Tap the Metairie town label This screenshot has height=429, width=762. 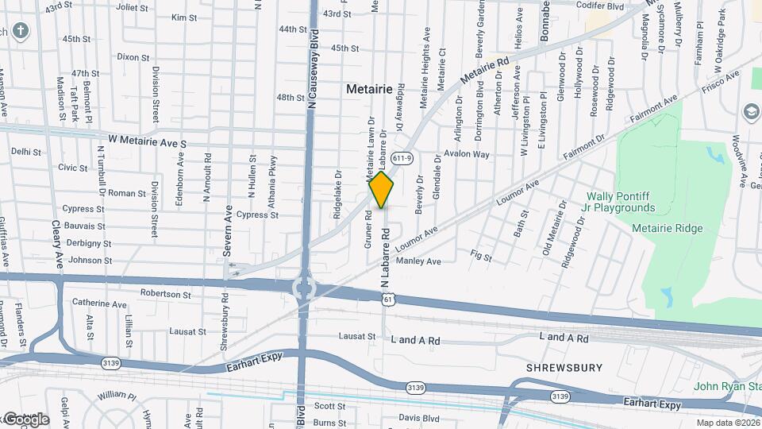point(369,90)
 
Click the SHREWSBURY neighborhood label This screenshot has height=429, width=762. point(564,368)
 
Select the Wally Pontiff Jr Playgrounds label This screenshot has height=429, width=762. point(621,202)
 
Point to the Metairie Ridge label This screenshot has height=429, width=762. point(667,229)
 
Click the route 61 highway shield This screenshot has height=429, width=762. point(387,297)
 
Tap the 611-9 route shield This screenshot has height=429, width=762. point(402,158)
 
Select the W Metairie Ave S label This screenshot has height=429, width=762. point(147,139)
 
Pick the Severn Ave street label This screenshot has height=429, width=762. point(228,230)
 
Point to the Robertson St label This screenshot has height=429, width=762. point(165,294)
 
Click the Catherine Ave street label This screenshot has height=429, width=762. point(99,304)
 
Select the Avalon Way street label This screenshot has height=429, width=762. point(467,154)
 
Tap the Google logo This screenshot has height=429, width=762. point(25,419)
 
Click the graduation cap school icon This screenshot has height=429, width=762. point(751,112)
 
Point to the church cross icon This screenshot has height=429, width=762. point(20,31)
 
